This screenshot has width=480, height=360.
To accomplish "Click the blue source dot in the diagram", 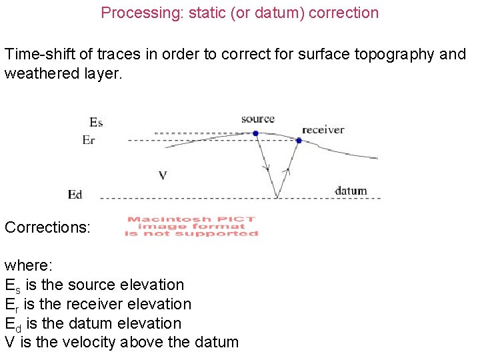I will pos(255,133).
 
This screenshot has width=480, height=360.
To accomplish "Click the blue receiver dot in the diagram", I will pos(299,140).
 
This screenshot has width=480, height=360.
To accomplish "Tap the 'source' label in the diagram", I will pos(258,119).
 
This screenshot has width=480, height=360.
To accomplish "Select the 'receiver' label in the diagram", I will pos(323,129).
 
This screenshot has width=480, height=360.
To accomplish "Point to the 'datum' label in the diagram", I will pos(351,191).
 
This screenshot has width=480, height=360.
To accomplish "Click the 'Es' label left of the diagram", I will pos(96,122).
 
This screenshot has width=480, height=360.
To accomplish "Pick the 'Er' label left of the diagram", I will pos(89,140).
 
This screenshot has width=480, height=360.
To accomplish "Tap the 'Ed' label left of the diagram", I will pos(75,195).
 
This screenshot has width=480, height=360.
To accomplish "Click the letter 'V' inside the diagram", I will pos(163,175).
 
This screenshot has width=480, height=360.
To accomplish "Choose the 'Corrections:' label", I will pos(47,227).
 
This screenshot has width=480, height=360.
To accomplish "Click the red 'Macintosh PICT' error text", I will pos(191,219).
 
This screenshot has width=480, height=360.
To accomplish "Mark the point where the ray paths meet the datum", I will pos(277,197).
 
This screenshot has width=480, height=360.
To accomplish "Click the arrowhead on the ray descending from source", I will pos(266,164).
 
